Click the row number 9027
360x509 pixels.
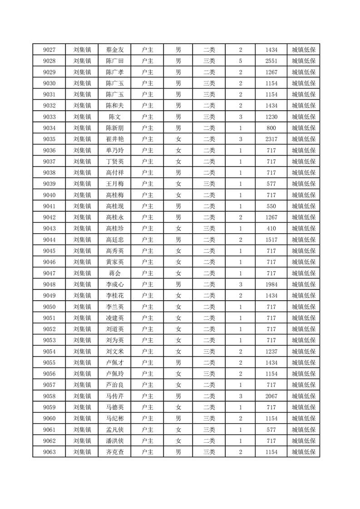[49, 50]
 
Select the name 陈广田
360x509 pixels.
[114, 61]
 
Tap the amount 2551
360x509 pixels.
[271, 61]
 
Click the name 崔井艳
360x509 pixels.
[114, 139]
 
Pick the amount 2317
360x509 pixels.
[271, 139]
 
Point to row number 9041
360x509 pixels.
[49, 206]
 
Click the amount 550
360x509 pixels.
[271, 206]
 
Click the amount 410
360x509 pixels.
[271, 229]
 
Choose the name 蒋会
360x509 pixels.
[114, 273]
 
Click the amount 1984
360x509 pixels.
[271, 284]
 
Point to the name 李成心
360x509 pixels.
[114, 284]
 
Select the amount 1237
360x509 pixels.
[271, 352]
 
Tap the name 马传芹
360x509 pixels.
[114, 396]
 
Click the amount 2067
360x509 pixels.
[271, 396]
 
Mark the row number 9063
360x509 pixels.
[49, 452]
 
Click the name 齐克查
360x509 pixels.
[114, 452]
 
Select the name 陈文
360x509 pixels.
[114, 117]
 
